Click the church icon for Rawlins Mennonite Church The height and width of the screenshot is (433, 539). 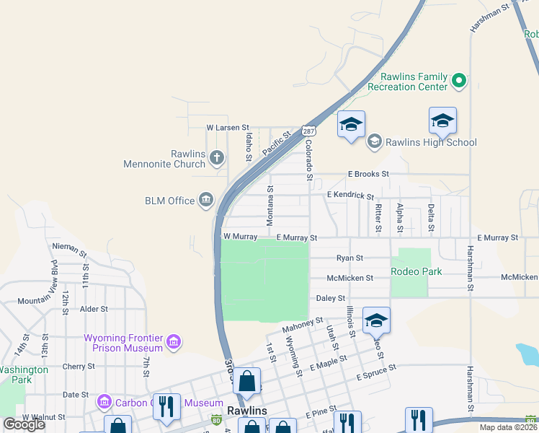217,156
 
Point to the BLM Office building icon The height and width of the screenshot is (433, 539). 206,200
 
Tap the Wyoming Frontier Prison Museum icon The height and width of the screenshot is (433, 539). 173,341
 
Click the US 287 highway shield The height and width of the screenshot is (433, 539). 308,131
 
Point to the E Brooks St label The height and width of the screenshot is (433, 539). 368,174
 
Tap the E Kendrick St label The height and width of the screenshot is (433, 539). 350,196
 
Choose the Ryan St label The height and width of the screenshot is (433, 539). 350,258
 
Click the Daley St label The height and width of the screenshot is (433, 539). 331,297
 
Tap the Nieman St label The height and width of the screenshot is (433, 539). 69,250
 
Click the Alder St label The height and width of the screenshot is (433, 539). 94,309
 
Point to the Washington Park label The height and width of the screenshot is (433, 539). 23,375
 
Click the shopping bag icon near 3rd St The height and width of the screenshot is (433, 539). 246,382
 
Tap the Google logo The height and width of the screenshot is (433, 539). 24,424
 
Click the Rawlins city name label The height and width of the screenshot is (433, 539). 247,410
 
